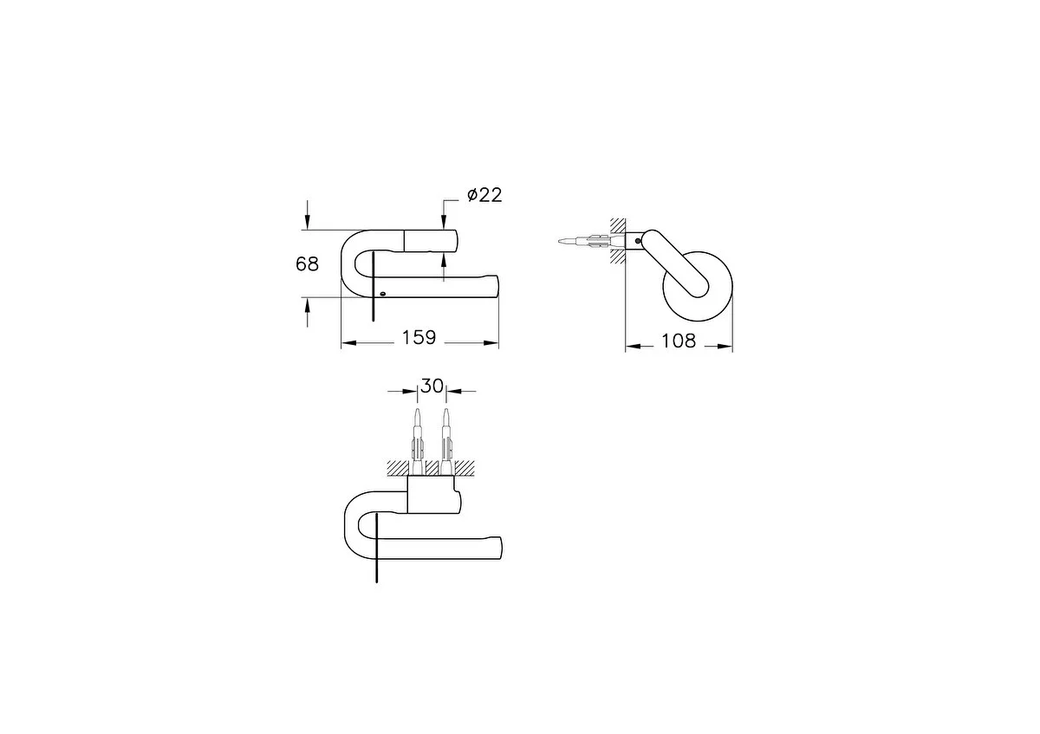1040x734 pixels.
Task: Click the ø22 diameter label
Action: tap(484, 195)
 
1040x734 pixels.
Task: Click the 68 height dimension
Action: tap(307, 264)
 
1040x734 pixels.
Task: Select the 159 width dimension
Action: tap(419, 337)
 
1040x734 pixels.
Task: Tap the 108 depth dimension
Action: tap(679, 341)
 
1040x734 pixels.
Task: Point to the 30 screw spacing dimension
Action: tap(432, 386)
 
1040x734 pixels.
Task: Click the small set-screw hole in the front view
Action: tap(382, 294)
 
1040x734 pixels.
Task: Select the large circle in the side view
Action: tap(698, 287)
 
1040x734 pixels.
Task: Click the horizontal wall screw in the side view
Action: tap(590, 241)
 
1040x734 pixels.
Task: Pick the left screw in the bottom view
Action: tap(418, 441)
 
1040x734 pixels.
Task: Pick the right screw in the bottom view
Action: tap(446, 441)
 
